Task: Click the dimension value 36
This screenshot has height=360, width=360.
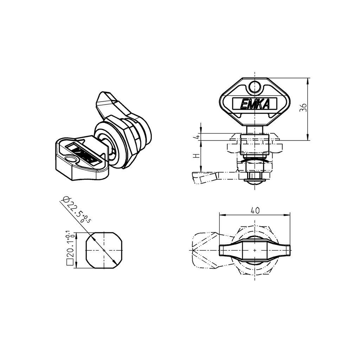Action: [303, 108]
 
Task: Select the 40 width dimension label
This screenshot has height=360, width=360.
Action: [255, 210]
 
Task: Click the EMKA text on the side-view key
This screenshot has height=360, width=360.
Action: [255, 104]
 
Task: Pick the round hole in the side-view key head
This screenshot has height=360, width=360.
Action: [255, 86]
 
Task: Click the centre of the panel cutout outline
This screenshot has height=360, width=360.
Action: [104, 250]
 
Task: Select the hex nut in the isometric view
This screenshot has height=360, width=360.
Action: [130, 141]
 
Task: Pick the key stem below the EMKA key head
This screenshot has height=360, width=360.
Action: [255, 129]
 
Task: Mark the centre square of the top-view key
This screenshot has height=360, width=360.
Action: [255, 250]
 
